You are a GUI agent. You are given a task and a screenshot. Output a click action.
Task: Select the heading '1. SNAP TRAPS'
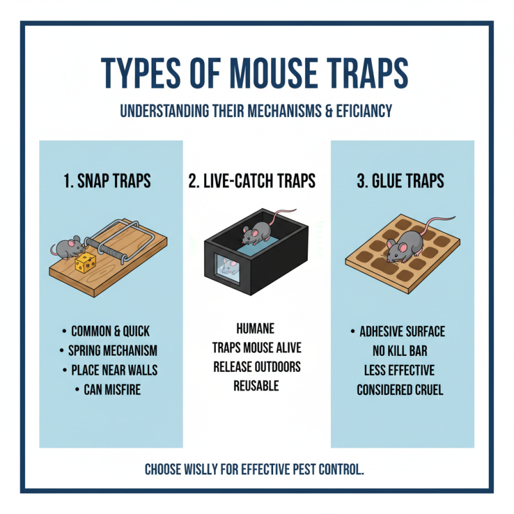[107, 181]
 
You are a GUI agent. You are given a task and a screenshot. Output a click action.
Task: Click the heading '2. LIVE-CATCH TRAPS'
[252, 181]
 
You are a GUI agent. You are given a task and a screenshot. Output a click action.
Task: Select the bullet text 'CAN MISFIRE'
[112, 389]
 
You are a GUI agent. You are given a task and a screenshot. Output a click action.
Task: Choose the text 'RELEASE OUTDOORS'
[256, 367]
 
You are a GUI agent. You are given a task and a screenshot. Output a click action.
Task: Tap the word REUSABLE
[256, 385]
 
